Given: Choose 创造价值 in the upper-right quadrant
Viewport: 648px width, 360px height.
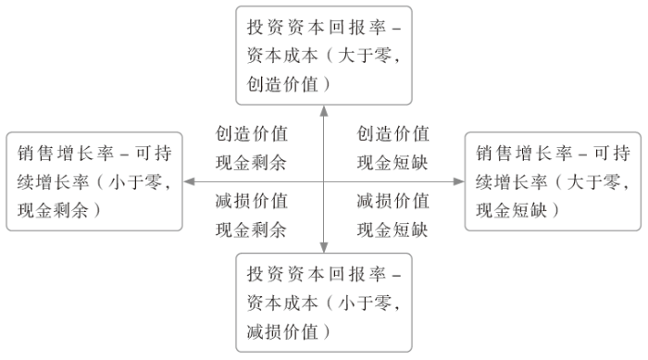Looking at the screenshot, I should [x=393, y=133].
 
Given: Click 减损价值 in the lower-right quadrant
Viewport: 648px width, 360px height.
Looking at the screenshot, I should [x=393, y=200].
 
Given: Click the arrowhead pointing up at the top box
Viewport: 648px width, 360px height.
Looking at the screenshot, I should [x=323, y=110].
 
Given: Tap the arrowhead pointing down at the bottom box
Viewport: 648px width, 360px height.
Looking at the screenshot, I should [x=323, y=247].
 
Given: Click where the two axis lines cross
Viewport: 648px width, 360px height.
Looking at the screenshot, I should [x=323, y=181].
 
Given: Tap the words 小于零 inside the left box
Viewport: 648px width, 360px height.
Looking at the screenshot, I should [x=140, y=182].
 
